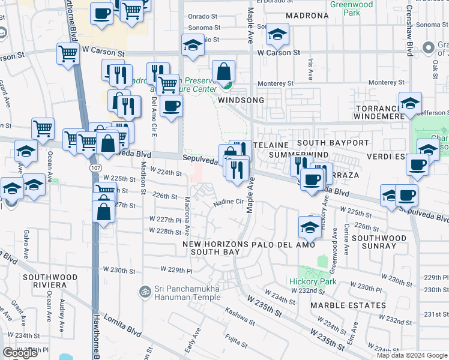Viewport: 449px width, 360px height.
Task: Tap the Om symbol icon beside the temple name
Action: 143,292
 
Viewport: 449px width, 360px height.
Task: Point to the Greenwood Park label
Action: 351,8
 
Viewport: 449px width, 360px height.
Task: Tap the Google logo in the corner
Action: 20,353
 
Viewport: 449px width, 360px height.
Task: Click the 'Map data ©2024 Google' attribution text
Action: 412,355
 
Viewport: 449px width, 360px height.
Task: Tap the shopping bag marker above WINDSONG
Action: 223,71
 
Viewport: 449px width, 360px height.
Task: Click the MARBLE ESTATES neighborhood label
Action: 348,305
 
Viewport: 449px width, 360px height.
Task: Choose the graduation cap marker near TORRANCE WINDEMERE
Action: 411,103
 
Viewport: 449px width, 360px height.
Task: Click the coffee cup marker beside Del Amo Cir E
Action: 172,106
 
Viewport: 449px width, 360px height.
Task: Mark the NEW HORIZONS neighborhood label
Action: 215,245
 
